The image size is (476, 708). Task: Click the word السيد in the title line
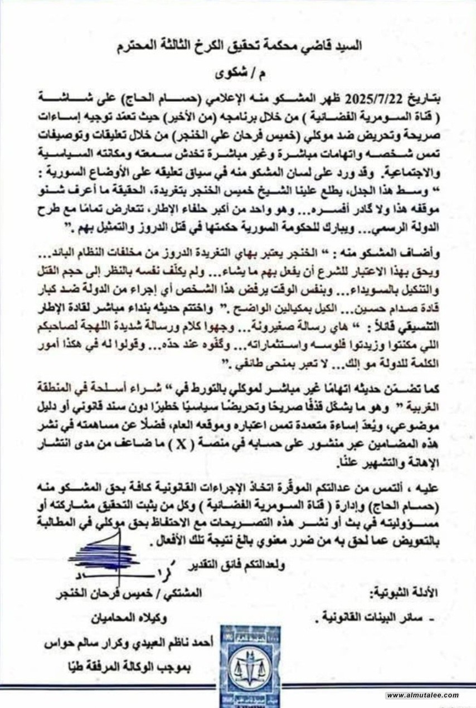coord(347,46)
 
